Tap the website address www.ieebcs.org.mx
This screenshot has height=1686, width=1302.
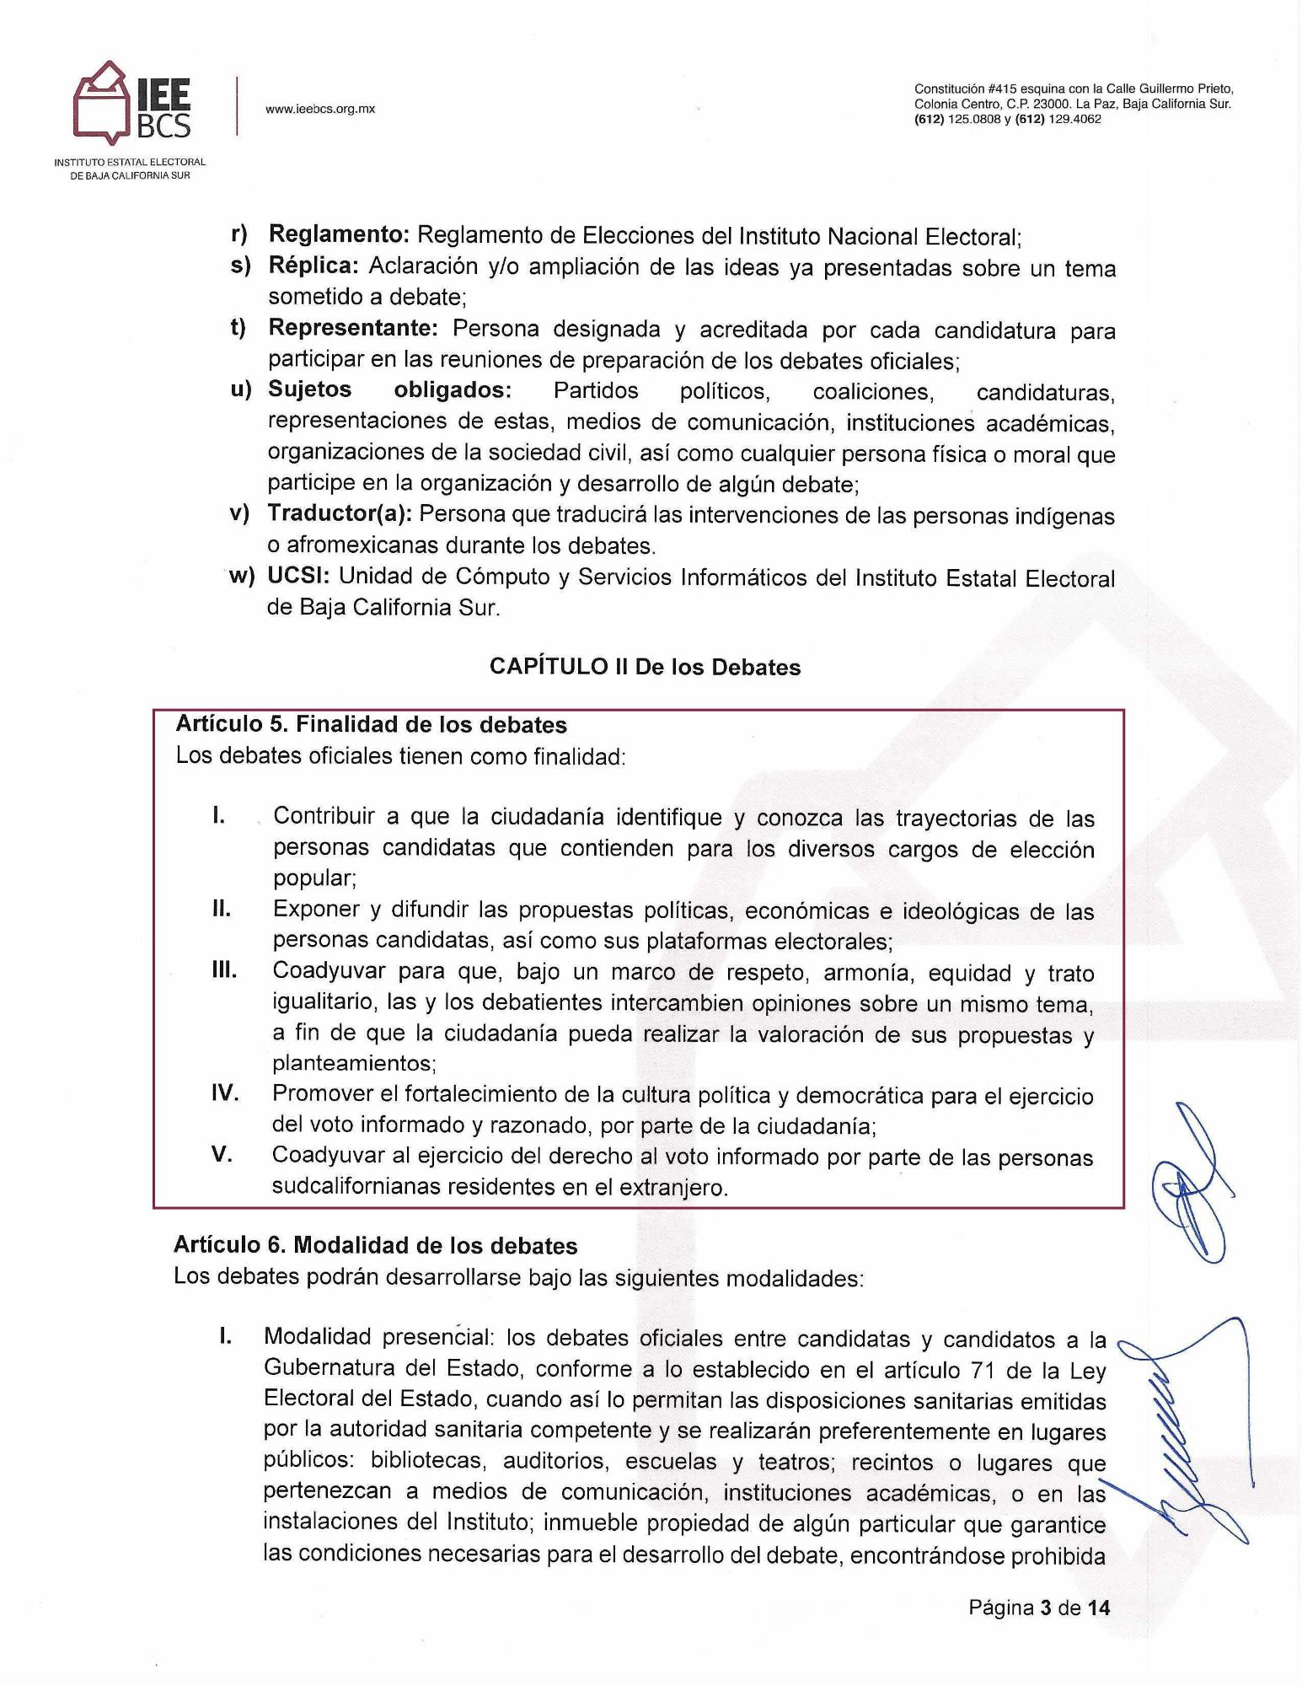click(x=320, y=109)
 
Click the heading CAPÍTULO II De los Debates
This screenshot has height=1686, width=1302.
click(x=645, y=667)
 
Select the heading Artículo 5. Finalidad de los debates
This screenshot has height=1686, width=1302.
click(x=371, y=724)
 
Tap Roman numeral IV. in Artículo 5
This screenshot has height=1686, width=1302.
click(x=224, y=1094)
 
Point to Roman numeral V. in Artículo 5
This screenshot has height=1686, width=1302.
click(x=222, y=1155)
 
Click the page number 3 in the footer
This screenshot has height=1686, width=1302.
click(x=1045, y=1608)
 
